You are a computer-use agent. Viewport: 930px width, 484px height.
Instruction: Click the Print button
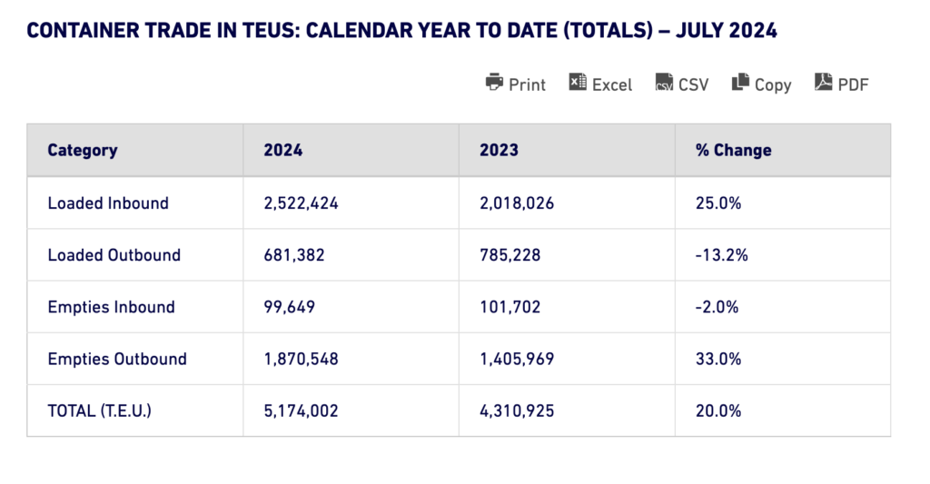pyautogui.click(x=516, y=84)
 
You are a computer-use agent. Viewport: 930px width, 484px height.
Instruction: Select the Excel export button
pyautogui.click(x=600, y=84)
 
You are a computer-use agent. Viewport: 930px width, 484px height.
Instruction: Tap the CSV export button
pyautogui.click(x=681, y=84)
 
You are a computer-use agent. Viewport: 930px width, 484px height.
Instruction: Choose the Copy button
pyautogui.click(x=761, y=84)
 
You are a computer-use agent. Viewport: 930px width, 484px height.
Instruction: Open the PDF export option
pyautogui.click(x=842, y=84)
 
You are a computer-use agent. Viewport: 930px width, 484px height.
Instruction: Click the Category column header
pyautogui.click(x=83, y=151)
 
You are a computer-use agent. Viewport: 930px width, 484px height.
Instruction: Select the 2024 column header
pyautogui.click(x=283, y=151)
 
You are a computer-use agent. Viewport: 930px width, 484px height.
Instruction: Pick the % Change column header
pyautogui.click(x=734, y=151)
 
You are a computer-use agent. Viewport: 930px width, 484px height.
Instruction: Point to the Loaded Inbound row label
pyautogui.click(x=108, y=203)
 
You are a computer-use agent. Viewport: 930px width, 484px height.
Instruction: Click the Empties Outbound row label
pyautogui.click(x=117, y=359)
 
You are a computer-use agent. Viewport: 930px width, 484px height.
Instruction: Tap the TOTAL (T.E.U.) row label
pyautogui.click(x=100, y=410)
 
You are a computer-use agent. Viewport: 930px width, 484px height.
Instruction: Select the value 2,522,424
pyautogui.click(x=302, y=203)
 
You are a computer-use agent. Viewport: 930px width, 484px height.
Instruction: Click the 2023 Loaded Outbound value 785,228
pyautogui.click(x=510, y=255)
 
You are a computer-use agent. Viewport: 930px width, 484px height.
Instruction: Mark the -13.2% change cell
pyautogui.click(x=722, y=255)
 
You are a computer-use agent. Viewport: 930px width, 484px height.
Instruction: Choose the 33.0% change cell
pyautogui.click(x=719, y=359)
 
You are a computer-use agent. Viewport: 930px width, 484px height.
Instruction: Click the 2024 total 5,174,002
pyautogui.click(x=302, y=410)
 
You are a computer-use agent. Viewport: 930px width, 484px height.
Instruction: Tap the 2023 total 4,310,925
pyautogui.click(x=518, y=410)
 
